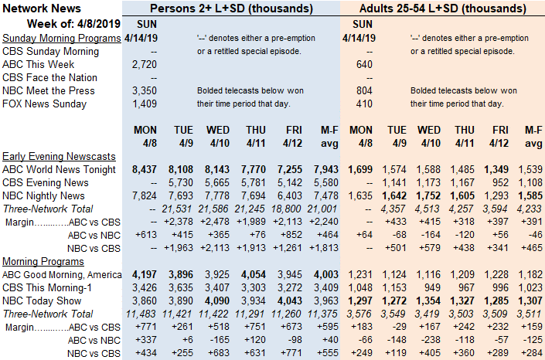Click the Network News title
(x=42, y=8)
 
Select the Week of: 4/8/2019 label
(x=73, y=24)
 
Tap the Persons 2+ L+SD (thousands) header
(x=231, y=8)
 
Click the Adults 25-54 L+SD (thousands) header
(x=443, y=8)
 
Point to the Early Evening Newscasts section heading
(x=59, y=156)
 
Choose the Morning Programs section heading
(x=43, y=261)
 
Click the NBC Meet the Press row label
(x=48, y=90)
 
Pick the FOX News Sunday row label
(x=44, y=104)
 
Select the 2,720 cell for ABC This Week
(x=145, y=64)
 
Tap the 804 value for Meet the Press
(x=364, y=90)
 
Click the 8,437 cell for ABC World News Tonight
(x=145, y=170)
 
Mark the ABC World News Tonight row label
(x=59, y=170)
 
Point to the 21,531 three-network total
(x=177, y=209)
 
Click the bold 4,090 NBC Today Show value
(x=217, y=301)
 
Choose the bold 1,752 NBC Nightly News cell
(x=429, y=196)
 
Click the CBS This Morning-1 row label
(x=46, y=287)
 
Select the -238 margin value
(x=431, y=340)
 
